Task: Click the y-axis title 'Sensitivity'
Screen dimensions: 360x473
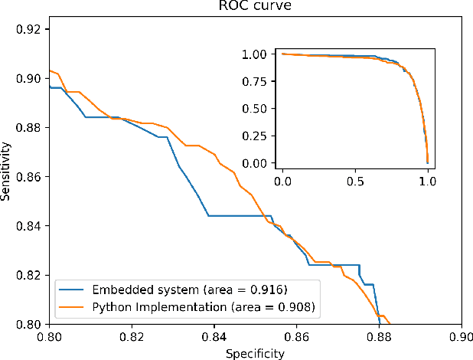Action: coord(7,175)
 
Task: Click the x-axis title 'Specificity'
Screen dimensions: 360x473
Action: coord(256,353)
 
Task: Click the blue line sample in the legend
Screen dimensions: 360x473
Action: coord(73,290)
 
